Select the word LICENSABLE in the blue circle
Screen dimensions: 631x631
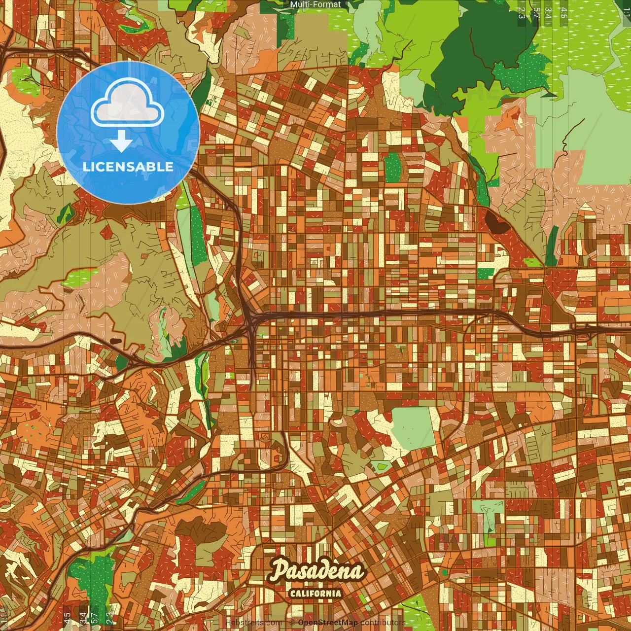tap(128, 167)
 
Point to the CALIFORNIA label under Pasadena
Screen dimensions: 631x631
tap(315, 593)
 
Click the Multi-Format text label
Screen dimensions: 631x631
tap(315, 4)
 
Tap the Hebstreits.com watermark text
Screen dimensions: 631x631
tap(253, 623)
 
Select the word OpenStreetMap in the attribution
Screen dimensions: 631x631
tap(327, 623)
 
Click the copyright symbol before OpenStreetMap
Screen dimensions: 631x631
tap(292, 623)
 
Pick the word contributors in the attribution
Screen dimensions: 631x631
tap(383, 623)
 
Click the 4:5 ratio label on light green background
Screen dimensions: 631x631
tap(563, 13)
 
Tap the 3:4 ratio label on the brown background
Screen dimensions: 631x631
tap(82, 618)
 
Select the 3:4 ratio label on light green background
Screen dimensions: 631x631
tap(548, 13)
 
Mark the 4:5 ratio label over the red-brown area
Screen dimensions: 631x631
tap(67, 618)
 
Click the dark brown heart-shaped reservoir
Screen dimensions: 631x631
tap(496, 221)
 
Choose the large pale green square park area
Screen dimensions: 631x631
tap(413, 428)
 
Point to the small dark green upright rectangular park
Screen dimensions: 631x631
tap(392, 168)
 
